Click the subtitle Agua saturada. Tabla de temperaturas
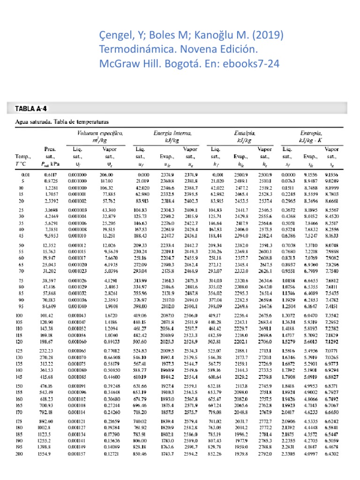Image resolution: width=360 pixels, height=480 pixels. (59, 121)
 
